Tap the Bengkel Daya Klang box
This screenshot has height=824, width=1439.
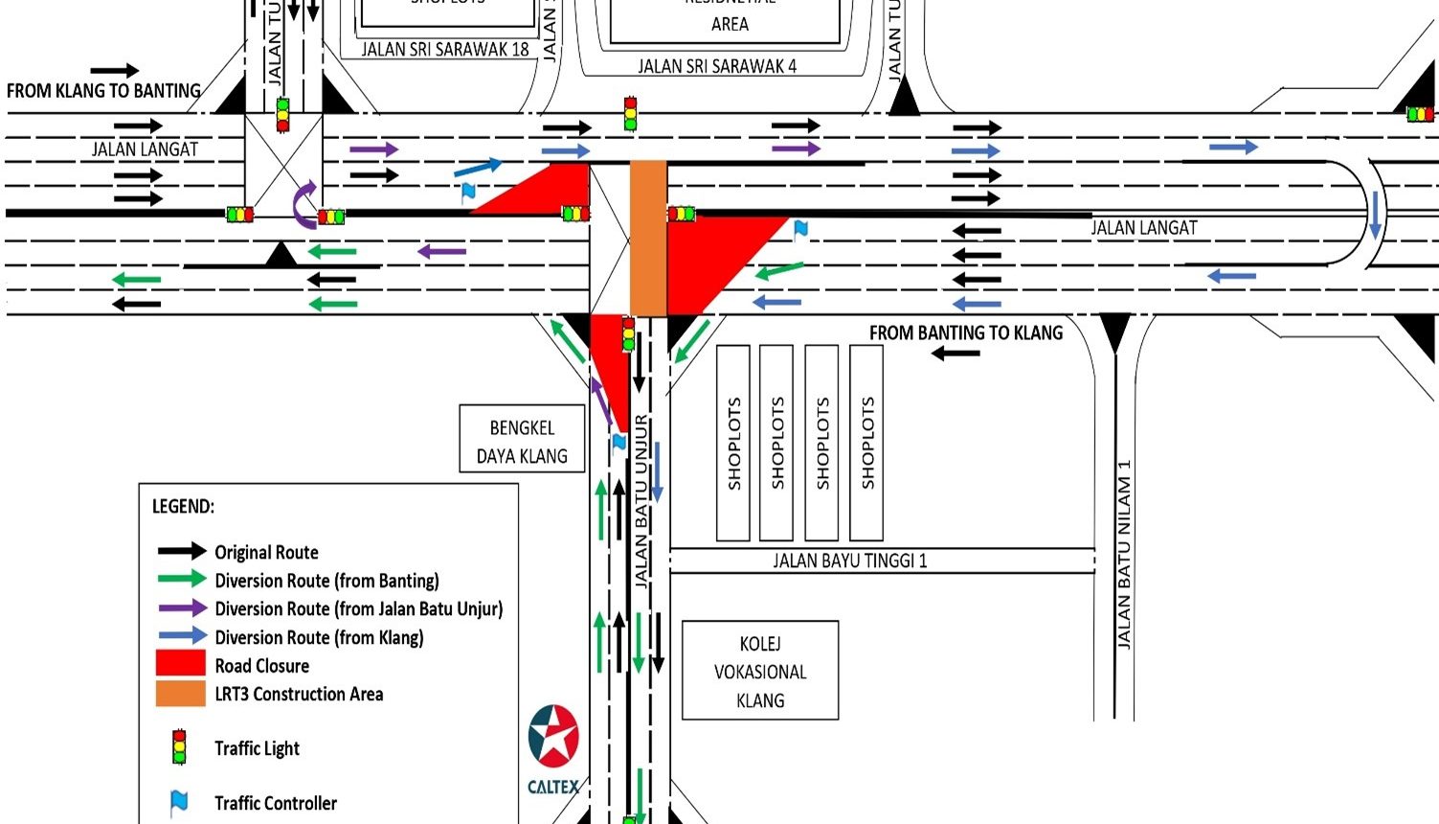[x=522, y=442]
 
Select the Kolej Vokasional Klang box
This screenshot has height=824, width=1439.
[x=760, y=671]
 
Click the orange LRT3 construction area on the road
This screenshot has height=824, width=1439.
[x=648, y=239]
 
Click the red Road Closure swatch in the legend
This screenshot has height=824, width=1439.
[x=181, y=664]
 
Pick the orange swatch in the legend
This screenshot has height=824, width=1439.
[x=181, y=693]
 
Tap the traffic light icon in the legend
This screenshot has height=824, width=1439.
[x=178, y=747]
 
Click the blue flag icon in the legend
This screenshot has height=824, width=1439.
[x=178, y=802]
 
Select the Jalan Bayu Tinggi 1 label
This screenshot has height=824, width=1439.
[x=850, y=561]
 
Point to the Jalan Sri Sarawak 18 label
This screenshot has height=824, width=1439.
[x=445, y=49]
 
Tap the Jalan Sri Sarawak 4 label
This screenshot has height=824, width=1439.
[x=717, y=66]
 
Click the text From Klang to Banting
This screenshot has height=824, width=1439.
[x=103, y=91]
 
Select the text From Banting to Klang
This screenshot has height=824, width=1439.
[x=966, y=332]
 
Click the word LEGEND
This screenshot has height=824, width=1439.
[x=183, y=506]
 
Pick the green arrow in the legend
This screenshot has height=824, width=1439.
[x=182, y=579]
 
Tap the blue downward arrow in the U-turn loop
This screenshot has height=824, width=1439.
[x=1376, y=215]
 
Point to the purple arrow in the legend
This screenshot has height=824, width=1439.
[x=182, y=607]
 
